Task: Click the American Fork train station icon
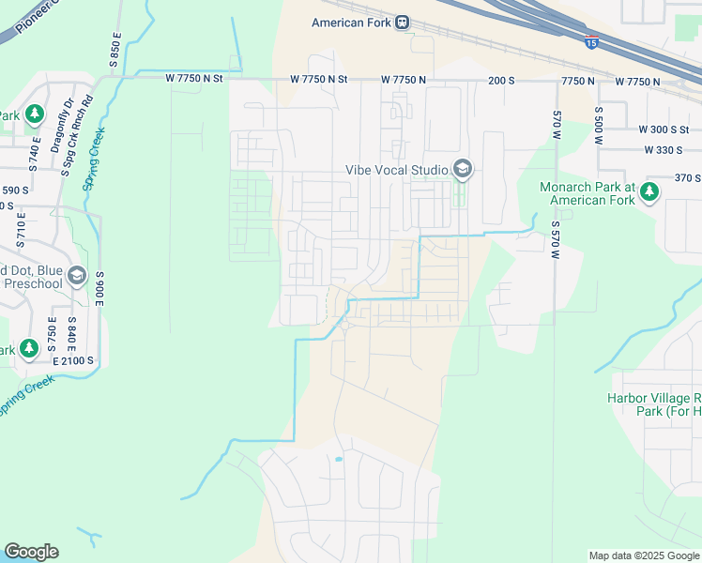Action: [403, 23]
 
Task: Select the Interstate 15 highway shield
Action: [591, 42]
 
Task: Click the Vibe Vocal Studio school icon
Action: [462, 170]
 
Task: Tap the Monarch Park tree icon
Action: [649, 193]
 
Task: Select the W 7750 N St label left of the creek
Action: [194, 79]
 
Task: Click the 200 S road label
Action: [501, 82]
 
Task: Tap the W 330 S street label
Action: [664, 150]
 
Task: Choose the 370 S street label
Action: [688, 177]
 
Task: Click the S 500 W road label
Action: [598, 124]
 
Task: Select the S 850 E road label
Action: [115, 49]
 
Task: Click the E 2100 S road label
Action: [73, 360]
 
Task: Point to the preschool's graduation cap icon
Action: [77, 276]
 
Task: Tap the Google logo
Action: [31, 552]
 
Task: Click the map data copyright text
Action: [643, 555]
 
